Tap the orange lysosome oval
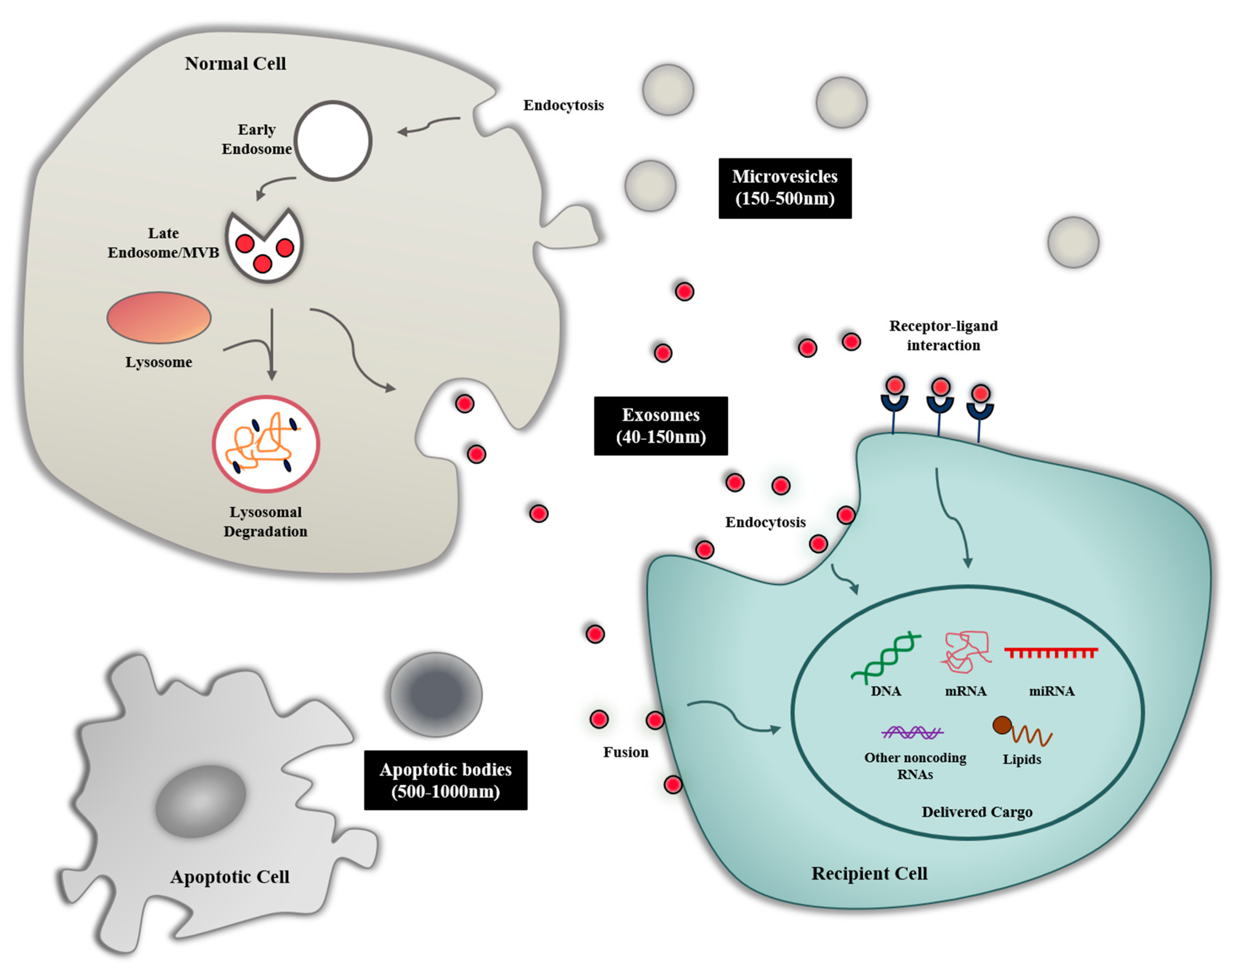click(x=159, y=317)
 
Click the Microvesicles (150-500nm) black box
click(x=785, y=188)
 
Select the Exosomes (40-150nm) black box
click(x=660, y=425)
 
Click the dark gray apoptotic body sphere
click(x=436, y=694)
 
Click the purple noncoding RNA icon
click(x=912, y=732)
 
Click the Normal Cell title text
click(x=235, y=64)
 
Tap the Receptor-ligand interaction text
click(x=943, y=335)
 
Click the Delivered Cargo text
click(x=977, y=812)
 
